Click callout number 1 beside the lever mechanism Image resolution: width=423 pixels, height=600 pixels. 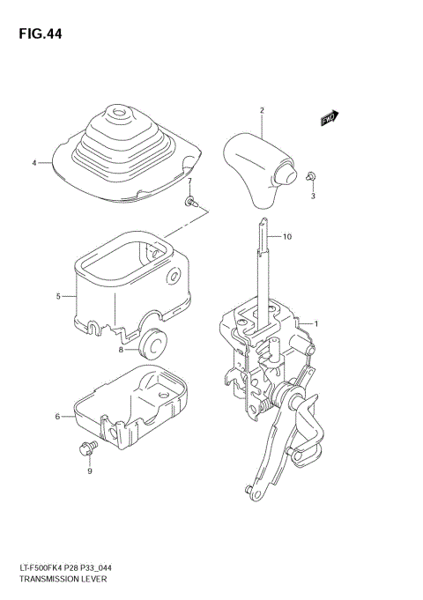[x=316, y=323]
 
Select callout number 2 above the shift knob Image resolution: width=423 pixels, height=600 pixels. [x=262, y=110]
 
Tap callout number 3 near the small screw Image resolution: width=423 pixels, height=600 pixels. [x=312, y=196]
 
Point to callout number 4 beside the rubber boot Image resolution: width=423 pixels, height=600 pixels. [x=34, y=163]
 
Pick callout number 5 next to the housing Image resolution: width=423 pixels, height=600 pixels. [x=58, y=296]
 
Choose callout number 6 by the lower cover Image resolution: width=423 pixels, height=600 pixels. [x=58, y=416]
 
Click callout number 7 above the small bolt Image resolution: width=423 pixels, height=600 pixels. [x=189, y=181]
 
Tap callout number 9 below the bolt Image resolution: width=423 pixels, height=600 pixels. [x=89, y=471]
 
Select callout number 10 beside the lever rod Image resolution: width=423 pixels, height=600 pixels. [x=286, y=237]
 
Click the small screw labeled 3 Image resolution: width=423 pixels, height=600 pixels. [x=311, y=177]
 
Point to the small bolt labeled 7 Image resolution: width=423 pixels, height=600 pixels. [x=190, y=202]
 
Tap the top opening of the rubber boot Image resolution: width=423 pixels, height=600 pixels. [x=117, y=113]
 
